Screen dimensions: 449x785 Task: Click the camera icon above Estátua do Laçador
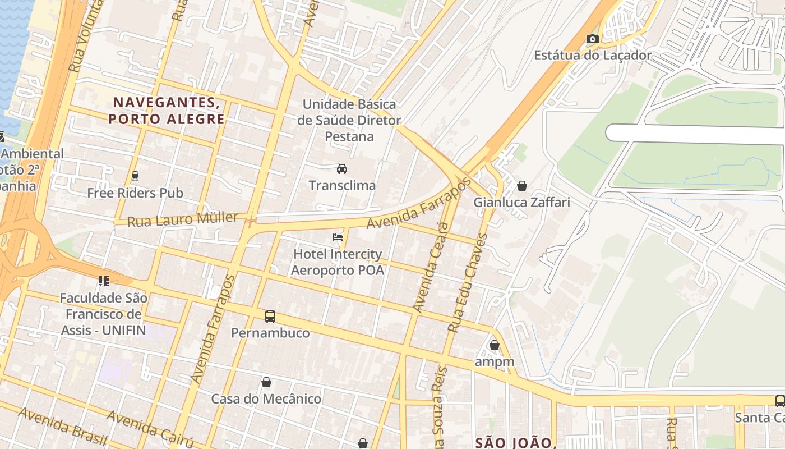592,39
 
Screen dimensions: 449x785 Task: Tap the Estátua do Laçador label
593,55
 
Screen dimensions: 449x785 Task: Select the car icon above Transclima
341,169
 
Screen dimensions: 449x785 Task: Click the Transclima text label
342,185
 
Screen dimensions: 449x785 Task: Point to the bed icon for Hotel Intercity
338,237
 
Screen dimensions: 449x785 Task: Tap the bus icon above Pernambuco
270,317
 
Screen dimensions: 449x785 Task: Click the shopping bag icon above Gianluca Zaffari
522,186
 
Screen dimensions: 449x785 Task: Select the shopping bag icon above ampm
494,345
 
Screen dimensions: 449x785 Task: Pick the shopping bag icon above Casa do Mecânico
266,382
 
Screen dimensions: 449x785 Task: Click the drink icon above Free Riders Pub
135,176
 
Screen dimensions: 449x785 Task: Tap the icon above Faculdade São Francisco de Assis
103,281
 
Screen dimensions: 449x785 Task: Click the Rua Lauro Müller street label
182,219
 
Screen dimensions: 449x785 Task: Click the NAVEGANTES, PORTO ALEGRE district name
167,111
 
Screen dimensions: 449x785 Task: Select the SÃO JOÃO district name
514,442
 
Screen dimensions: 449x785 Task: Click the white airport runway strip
695,134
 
